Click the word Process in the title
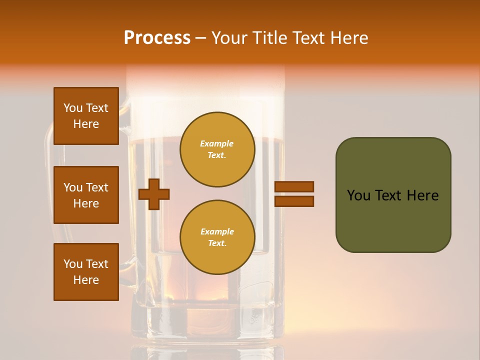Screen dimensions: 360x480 point(157,38)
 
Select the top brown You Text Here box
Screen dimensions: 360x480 point(86,116)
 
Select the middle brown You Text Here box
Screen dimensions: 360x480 point(86,195)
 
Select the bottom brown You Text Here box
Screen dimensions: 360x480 point(86,272)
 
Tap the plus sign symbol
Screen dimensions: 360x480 point(154,194)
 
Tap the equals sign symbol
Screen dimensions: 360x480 point(294,194)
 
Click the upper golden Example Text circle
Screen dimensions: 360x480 point(217,149)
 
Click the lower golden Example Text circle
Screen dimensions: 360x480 point(217,237)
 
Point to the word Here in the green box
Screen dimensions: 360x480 point(422,195)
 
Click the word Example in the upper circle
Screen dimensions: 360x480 point(217,143)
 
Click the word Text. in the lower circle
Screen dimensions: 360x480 point(217,243)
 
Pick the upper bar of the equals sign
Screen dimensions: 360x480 point(294,187)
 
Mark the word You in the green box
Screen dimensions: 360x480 point(358,195)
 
